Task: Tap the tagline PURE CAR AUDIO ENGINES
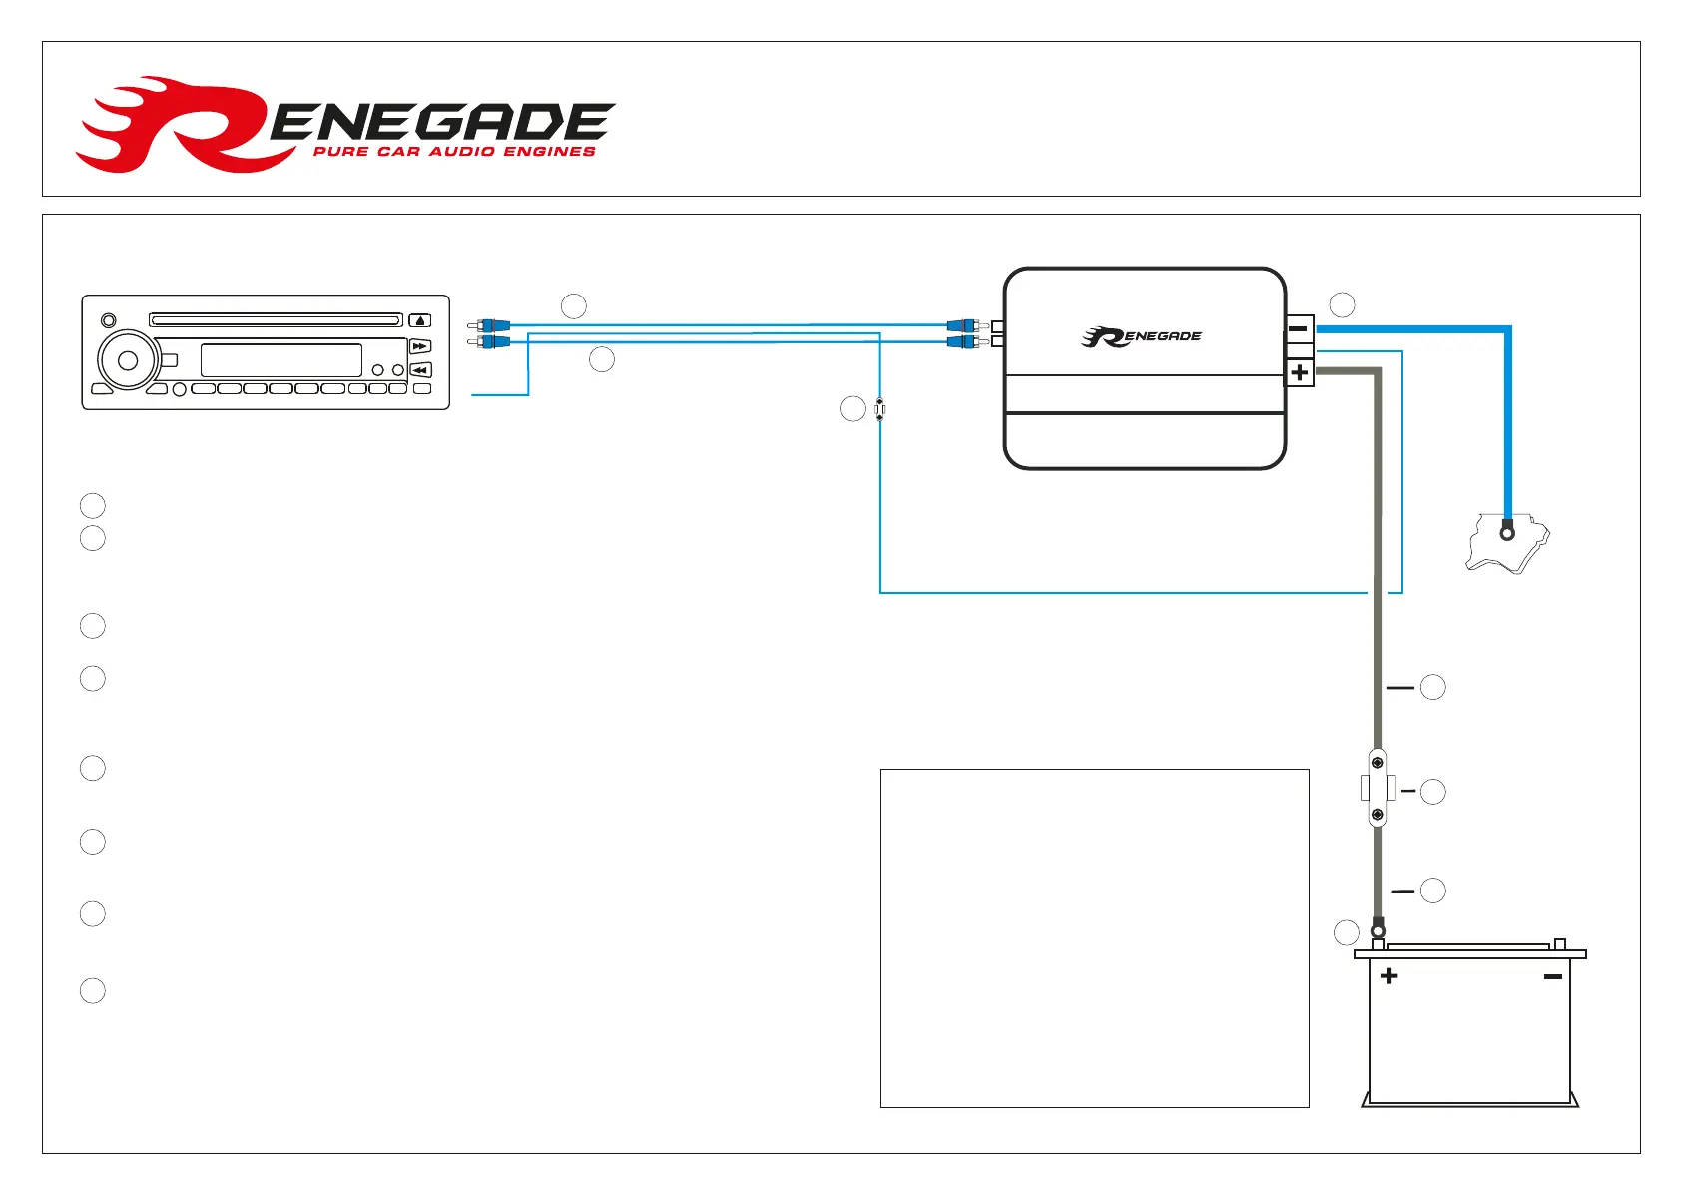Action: coord(454,152)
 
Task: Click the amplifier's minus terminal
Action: coord(1299,328)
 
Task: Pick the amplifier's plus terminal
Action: coord(1299,373)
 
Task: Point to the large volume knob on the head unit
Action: coord(128,360)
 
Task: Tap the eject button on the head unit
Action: coord(420,320)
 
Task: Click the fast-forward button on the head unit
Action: coord(420,346)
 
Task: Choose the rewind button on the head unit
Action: coord(420,370)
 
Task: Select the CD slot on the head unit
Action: coord(276,320)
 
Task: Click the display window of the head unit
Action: coord(280,360)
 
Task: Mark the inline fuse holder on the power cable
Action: coord(1378,788)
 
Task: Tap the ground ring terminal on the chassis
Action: coord(1507,533)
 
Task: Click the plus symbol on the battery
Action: coord(1389,976)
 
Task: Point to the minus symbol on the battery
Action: coord(1552,976)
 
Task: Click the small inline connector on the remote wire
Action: coord(879,409)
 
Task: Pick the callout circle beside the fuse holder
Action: coord(1433,792)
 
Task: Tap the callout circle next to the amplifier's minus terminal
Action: coord(1343,304)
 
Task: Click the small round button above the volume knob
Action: coord(109,321)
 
